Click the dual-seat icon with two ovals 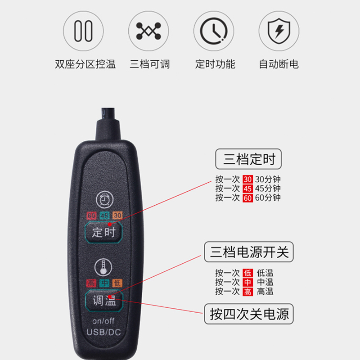83,31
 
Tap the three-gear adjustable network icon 148,31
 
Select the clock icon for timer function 214,31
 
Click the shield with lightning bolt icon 279,31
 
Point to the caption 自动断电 279,64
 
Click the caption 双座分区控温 85,64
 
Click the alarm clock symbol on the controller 105,199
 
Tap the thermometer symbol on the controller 103,267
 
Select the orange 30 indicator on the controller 117,216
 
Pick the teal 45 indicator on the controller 104,216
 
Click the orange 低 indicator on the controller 117,283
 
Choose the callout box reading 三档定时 248,159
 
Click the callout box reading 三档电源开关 249,252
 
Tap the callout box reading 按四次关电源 249,314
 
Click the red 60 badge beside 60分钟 248,198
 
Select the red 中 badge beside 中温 248,282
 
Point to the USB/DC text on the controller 104,332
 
